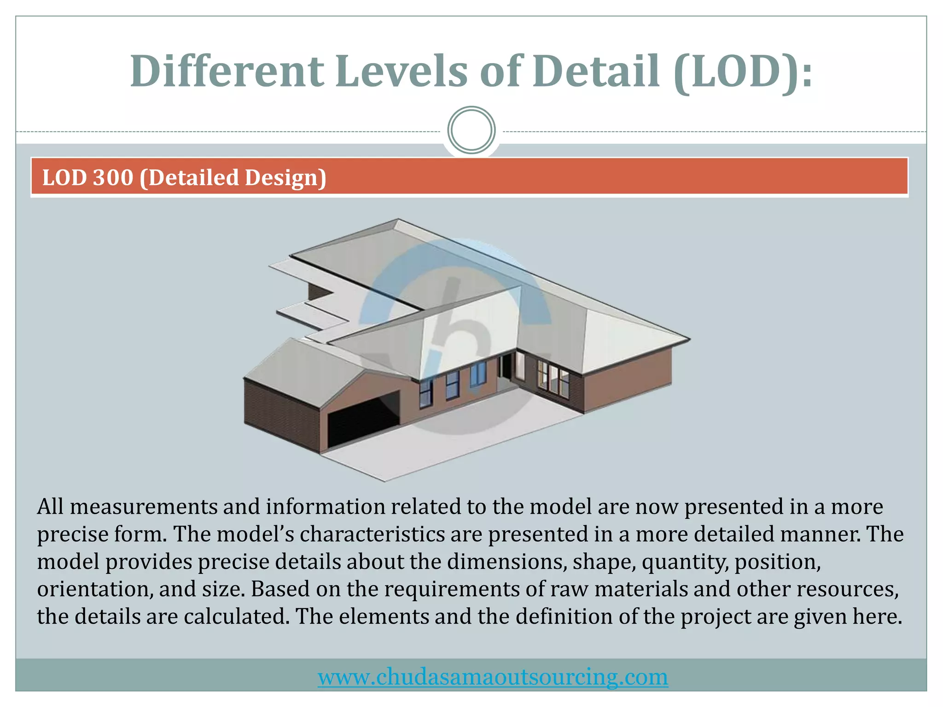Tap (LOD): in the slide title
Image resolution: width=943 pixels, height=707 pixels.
(742, 72)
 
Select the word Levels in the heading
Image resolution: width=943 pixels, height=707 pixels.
(401, 71)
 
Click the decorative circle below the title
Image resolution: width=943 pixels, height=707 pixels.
(471, 130)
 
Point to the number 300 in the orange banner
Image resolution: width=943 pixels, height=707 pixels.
(113, 178)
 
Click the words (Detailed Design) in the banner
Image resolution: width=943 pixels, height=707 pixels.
(233, 178)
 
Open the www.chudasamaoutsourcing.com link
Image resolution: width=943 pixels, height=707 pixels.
(493, 677)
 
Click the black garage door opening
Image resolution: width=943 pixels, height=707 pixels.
(364, 421)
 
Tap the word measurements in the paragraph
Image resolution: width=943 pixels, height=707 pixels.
(144, 507)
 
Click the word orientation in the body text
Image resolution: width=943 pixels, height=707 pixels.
(94, 589)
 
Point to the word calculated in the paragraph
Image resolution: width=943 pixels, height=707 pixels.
(237, 617)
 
